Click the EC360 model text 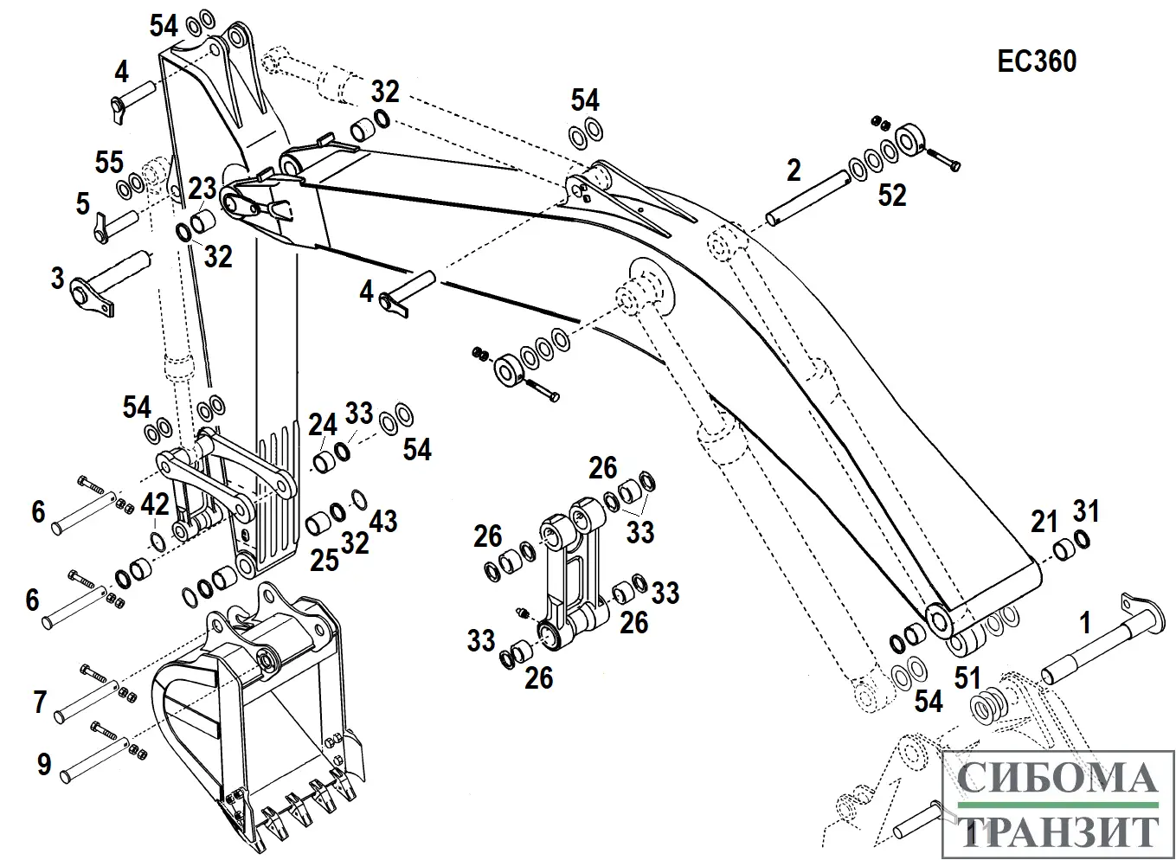coord(1037,61)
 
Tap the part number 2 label coord(794,170)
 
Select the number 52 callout coord(892,196)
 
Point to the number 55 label coord(109,162)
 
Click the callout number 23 coord(202,188)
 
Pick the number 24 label coord(323,425)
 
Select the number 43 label coord(383,521)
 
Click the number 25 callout coord(325,560)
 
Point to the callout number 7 coord(39,702)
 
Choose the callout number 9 coord(43,764)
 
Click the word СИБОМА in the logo coord(1057,779)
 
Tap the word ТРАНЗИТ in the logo coord(1057,831)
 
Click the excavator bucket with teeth coord(260,727)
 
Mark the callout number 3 coord(57,279)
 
